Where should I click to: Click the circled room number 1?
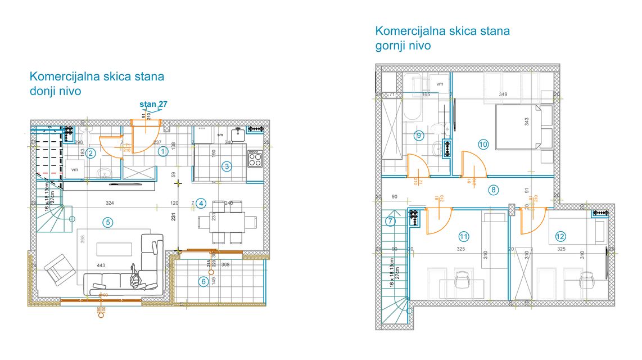(x=162, y=151)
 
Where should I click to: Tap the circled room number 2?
(x=91, y=152)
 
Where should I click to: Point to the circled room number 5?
(x=107, y=222)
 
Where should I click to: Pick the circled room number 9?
(x=418, y=135)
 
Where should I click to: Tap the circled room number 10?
(x=483, y=144)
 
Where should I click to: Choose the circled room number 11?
(x=463, y=236)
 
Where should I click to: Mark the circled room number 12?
(x=560, y=236)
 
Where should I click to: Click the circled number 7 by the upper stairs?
(x=391, y=221)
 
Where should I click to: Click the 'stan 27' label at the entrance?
(x=153, y=104)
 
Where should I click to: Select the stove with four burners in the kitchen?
(x=255, y=158)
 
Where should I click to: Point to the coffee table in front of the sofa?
(x=115, y=249)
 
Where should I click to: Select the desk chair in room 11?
(x=463, y=280)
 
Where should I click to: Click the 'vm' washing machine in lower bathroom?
(x=74, y=168)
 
